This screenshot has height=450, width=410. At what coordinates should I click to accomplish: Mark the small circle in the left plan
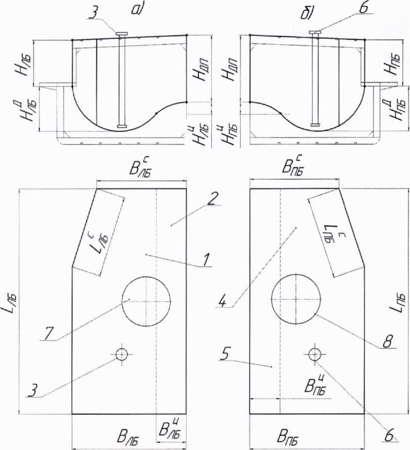122,354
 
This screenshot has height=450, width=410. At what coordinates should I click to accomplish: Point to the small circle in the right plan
315,354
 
